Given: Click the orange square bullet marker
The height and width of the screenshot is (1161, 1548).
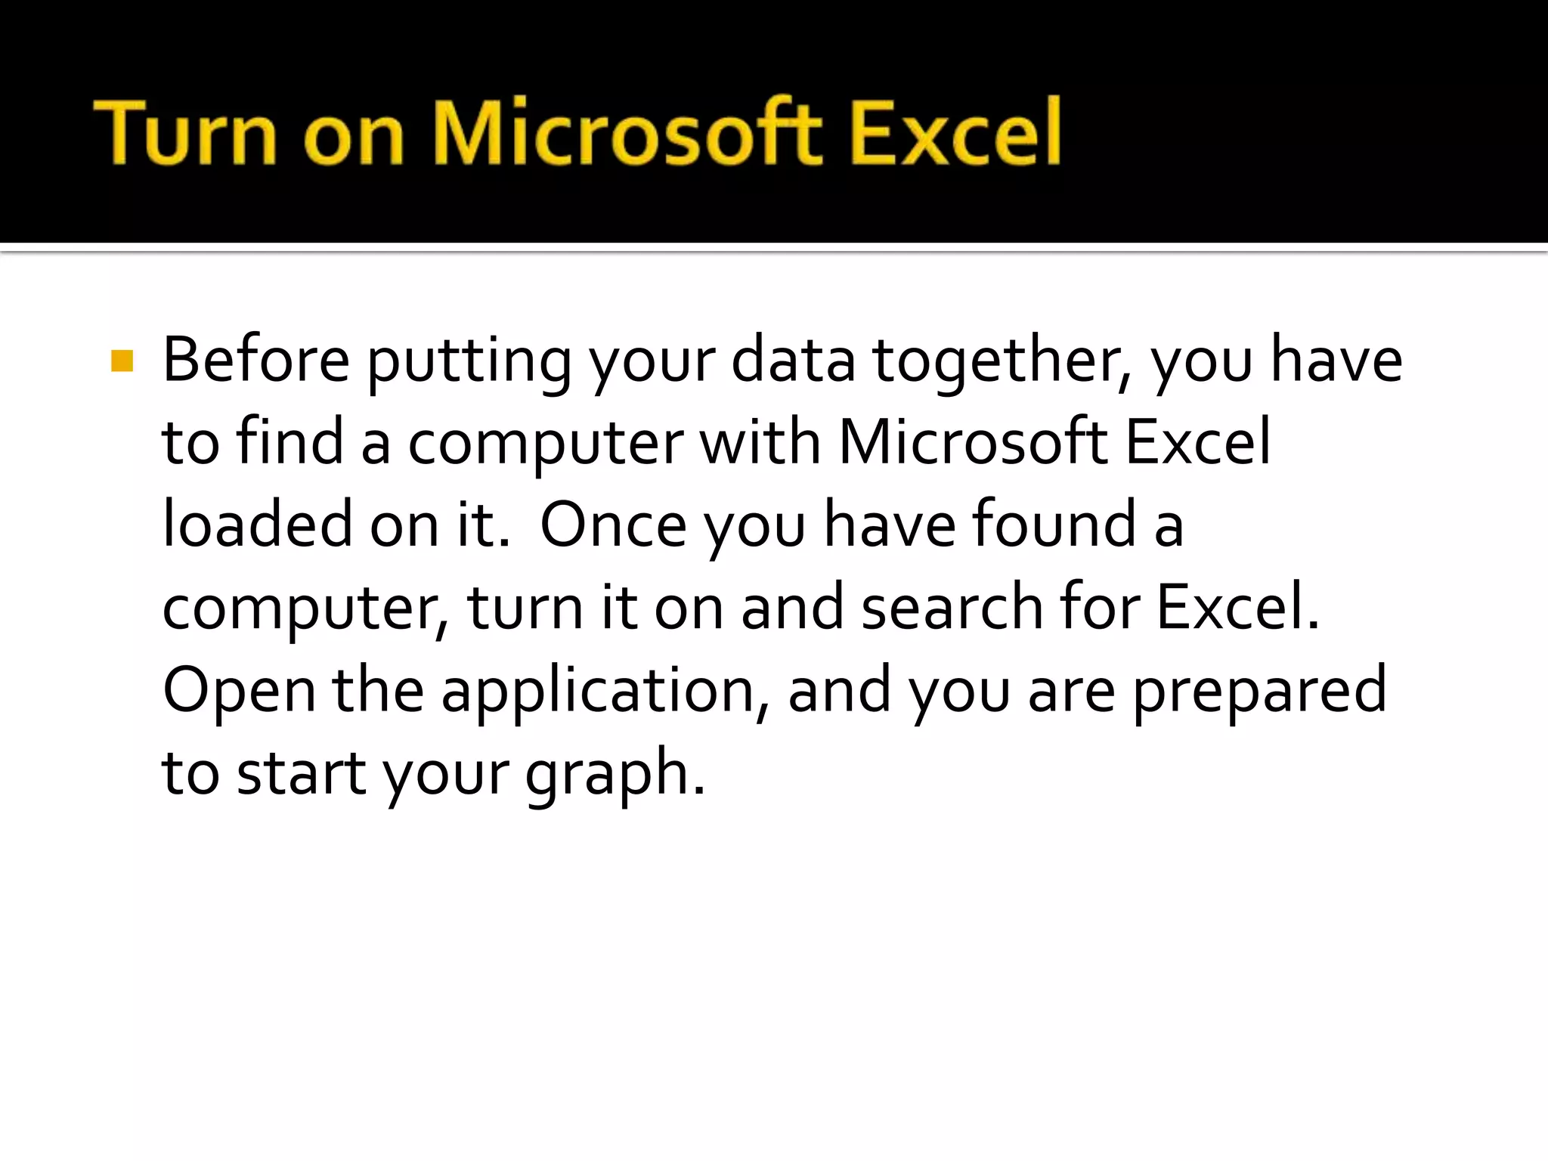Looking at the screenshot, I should [x=122, y=361].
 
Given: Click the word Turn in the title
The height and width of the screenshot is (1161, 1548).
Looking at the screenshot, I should [x=185, y=132].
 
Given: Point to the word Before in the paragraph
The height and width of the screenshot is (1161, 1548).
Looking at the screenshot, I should [x=256, y=360].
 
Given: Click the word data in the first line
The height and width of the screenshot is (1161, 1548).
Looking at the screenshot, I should [x=793, y=360].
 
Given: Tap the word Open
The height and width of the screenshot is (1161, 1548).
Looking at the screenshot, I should [x=239, y=691].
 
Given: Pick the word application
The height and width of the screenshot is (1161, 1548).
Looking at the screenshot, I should [x=605, y=691].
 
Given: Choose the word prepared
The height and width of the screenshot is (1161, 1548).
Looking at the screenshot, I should [x=1259, y=691].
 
